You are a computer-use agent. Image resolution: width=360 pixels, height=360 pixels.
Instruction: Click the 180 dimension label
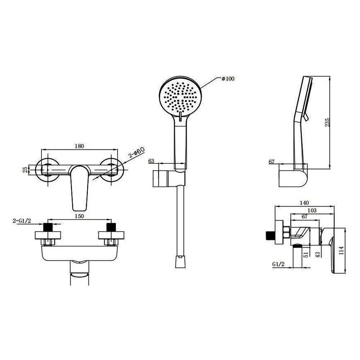coord(79,146)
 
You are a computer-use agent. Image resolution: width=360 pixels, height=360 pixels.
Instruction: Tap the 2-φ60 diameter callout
coord(136,153)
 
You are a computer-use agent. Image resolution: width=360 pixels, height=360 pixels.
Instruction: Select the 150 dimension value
coord(79,216)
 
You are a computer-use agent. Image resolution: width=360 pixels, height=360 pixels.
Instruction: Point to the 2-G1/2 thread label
coord(22,221)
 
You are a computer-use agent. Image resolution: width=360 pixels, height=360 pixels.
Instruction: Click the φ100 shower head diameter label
coord(228,79)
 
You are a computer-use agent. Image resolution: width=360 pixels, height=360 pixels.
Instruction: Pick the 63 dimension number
coord(151,161)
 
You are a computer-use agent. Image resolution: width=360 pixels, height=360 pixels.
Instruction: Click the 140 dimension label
coord(305,203)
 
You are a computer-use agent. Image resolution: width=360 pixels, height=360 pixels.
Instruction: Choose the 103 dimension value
coord(312,210)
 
